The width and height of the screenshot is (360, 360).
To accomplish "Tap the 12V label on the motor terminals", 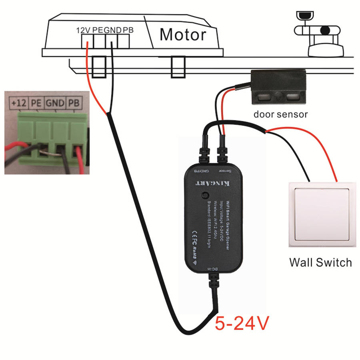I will point(84,30).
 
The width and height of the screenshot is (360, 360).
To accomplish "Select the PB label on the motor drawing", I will point(128,30).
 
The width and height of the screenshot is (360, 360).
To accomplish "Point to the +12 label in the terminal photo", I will point(19,103).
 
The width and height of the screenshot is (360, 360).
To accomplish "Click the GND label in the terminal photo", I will point(55,103).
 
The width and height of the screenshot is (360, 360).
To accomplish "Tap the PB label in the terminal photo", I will point(73,103).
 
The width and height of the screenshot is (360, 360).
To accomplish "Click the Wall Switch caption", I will point(320,262).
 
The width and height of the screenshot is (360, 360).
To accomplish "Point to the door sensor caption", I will point(280,114).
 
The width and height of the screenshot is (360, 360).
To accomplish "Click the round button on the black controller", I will point(206,195).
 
